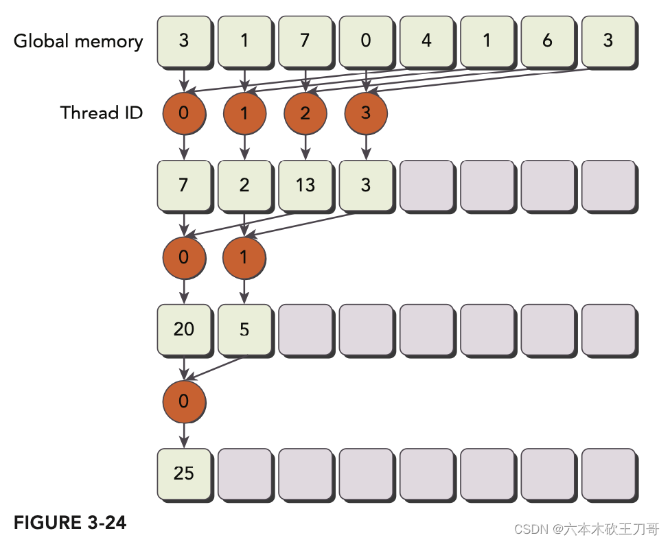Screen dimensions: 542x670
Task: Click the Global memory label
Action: coord(78,41)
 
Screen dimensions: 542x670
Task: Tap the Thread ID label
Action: coord(102,113)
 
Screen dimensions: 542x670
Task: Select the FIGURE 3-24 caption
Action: coord(70,523)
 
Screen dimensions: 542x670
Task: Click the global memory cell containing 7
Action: coord(305,40)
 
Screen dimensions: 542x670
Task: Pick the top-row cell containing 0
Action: coord(365,40)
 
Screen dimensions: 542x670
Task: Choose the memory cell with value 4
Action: coord(426,40)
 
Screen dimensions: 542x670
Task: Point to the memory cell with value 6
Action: coord(547,40)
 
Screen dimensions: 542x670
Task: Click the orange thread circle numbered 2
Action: coord(305,113)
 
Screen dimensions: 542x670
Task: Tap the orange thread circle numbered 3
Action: coord(365,113)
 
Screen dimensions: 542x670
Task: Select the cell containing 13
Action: coord(305,185)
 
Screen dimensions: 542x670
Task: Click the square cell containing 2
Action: coord(244,185)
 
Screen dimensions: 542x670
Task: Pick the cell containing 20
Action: coord(183,329)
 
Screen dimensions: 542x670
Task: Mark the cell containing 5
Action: coord(244,329)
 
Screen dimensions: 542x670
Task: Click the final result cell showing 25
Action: coord(183,473)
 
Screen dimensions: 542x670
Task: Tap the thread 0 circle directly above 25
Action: coord(183,401)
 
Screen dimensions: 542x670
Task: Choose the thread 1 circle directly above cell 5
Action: coord(244,257)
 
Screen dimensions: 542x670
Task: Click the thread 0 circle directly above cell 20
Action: coord(183,257)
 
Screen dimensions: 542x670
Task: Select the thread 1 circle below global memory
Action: coord(244,113)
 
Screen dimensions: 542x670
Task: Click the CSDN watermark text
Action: coord(586,529)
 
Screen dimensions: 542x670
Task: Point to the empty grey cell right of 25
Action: coord(244,473)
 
